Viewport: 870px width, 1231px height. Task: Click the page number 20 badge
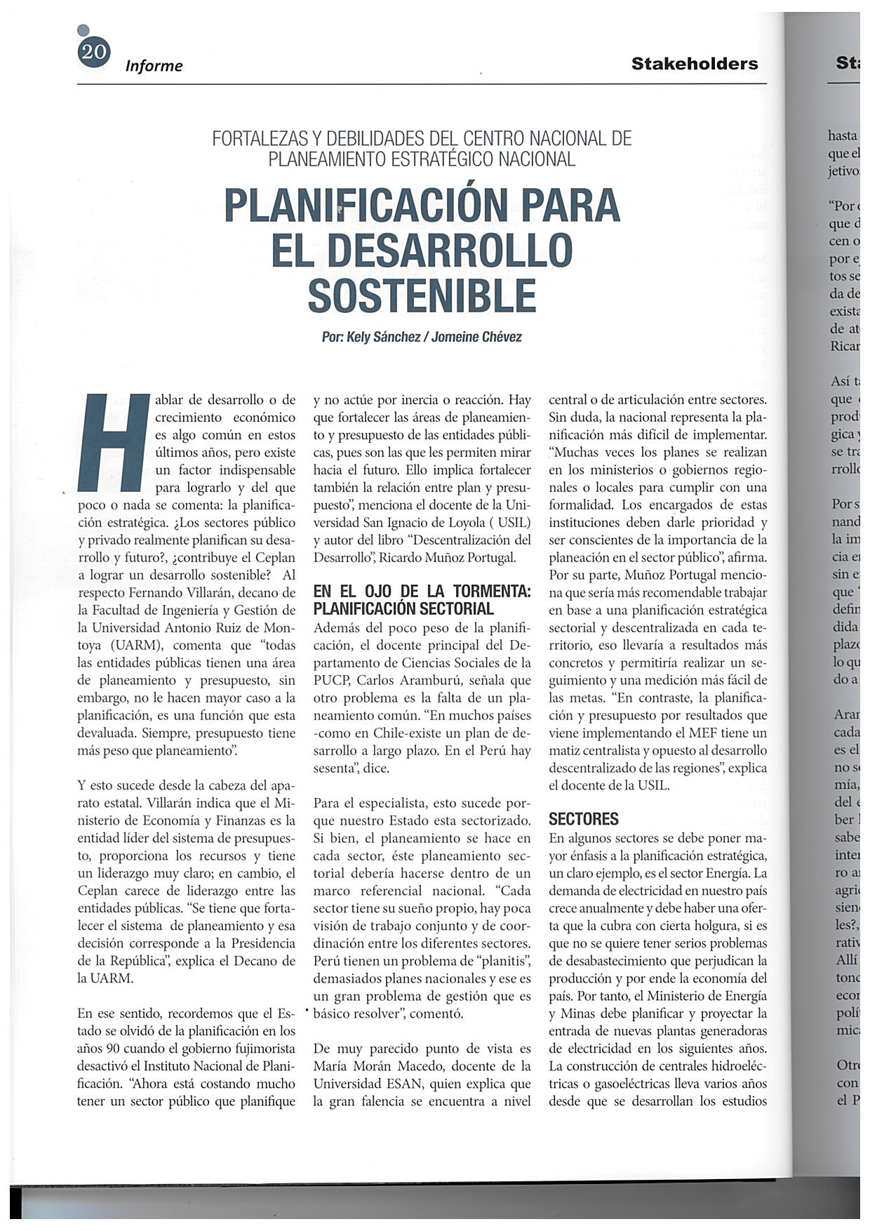click(x=94, y=53)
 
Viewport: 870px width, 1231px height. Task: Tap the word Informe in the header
click(x=154, y=66)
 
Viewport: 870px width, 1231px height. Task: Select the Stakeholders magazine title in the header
click(x=694, y=64)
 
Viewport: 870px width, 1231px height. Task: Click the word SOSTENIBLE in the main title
click(x=422, y=295)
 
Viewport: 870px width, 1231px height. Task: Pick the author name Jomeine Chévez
click(x=476, y=338)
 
